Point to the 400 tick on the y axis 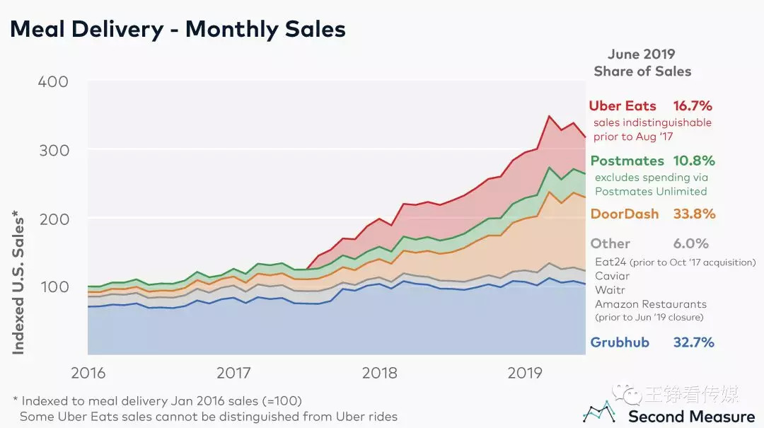coord(53,82)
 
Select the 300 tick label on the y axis coord(53,151)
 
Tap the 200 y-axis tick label coord(53,219)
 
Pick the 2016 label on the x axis coord(88,373)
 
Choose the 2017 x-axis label coord(234,373)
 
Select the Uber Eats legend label coord(623,106)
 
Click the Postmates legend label coord(627,161)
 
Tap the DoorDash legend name coord(625,214)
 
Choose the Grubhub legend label coord(620,342)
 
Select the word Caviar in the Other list coord(612,276)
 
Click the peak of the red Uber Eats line coord(549,116)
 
